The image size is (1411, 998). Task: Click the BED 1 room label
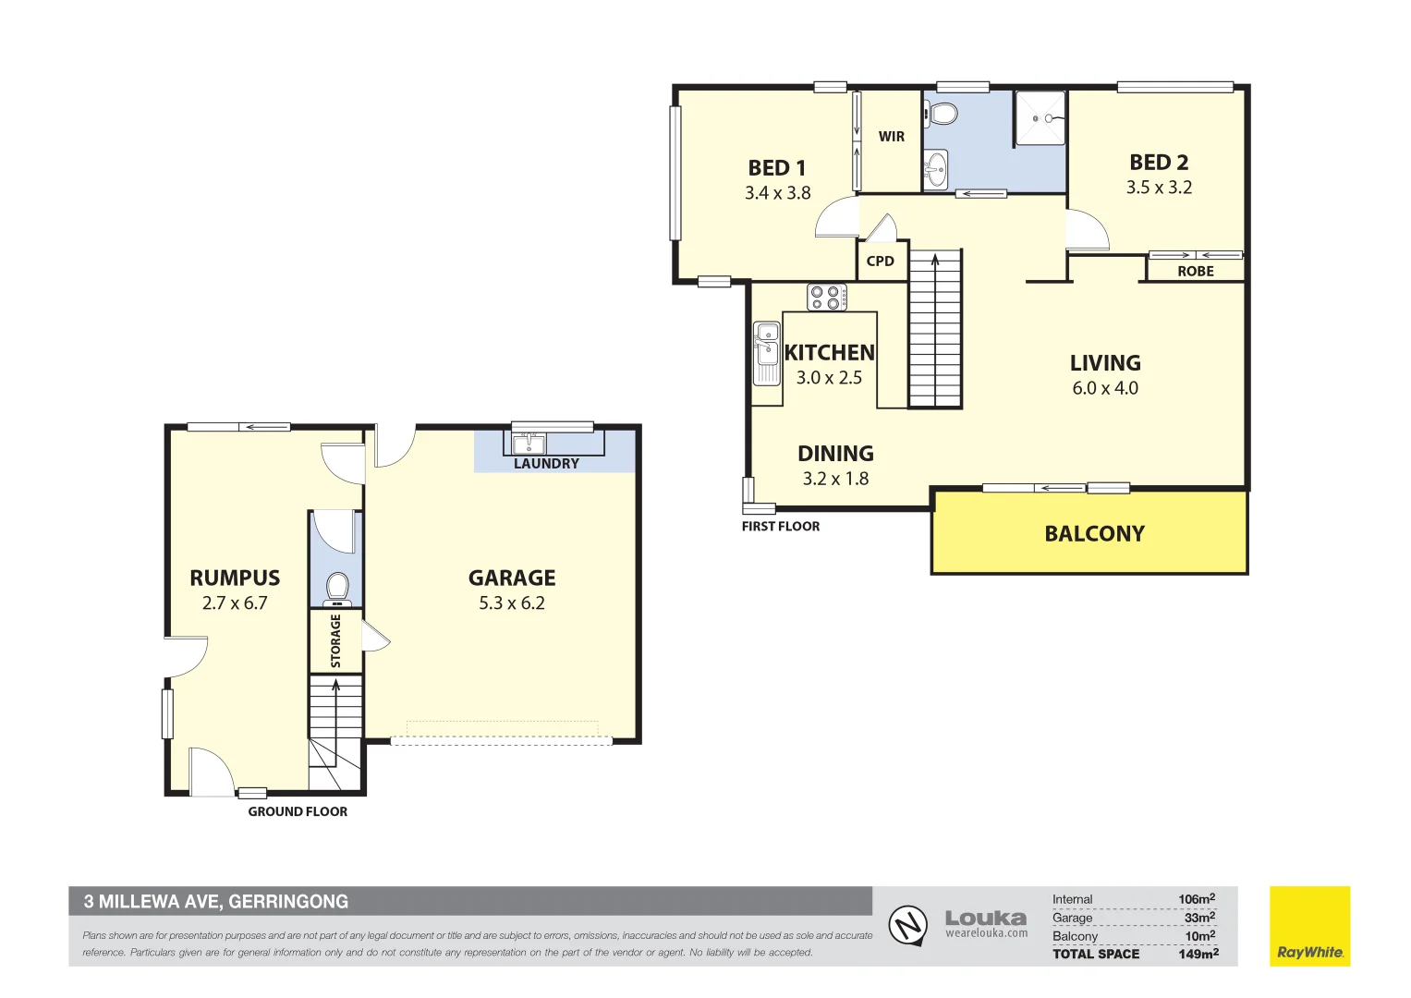coord(776,168)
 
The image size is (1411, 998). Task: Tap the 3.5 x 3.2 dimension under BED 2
coord(1159,188)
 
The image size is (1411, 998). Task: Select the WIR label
coord(891,137)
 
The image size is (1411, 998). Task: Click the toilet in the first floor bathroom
coord(941,114)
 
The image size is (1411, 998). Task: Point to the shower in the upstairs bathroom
coord(1040,118)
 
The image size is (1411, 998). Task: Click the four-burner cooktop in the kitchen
coord(827,298)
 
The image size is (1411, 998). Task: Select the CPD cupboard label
coord(880,262)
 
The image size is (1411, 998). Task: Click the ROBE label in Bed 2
coord(1195,272)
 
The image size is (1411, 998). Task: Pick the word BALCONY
coord(1094,534)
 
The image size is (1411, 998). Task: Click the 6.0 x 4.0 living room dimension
coord(1105,389)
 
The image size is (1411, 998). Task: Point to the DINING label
coord(835,454)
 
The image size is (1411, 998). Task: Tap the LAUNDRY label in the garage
coord(546,464)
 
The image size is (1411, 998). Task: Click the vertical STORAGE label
coord(335,641)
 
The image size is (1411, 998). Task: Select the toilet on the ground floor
coord(337,587)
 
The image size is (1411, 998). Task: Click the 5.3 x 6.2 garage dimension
coord(512,603)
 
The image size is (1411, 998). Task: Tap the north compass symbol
coord(907,925)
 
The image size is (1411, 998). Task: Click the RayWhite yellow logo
coord(1309,927)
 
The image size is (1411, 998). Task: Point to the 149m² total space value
coord(1198,954)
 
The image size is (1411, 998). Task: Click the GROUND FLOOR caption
coord(298,812)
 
